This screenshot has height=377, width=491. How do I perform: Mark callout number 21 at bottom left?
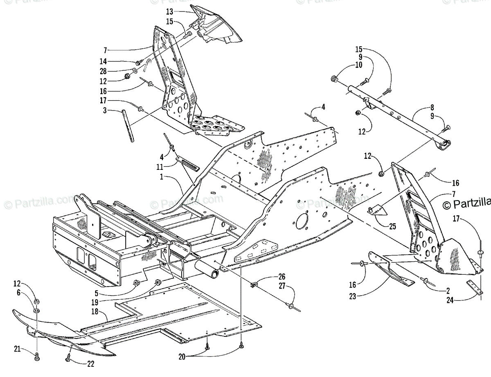pyautogui.click(x=16, y=349)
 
